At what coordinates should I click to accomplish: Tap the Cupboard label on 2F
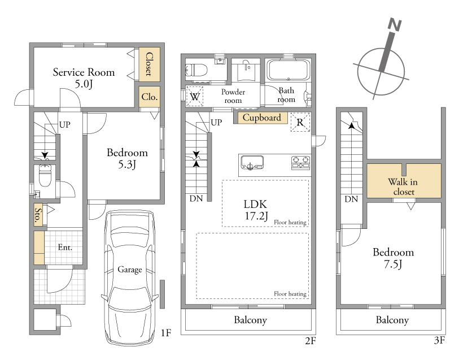tap(262, 118)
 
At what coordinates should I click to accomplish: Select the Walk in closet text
tap(403, 186)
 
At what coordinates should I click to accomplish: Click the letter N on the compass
tap(394, 25)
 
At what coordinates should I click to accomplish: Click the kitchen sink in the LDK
tap(252, 163)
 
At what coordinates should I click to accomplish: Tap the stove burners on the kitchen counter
tap(300, 163)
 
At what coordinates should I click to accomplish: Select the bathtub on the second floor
tap(288, 70)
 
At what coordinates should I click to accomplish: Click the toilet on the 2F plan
tap(196, 70)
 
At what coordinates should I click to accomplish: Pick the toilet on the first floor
tap(45, 176)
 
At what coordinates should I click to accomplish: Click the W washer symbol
tap(195, 97)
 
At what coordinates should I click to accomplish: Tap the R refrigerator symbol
tap(300, 122)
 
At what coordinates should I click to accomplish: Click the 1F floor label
tap(165, 333)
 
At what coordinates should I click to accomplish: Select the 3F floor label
tap(439, 340)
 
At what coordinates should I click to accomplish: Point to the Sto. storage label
tap(38, 215)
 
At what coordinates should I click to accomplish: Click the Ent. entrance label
tap(65, 248)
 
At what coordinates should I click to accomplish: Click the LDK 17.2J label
tap(256, 210)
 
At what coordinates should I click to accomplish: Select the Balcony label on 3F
tap(392, 320)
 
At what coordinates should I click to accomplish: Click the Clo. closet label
tap(149, 97)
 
